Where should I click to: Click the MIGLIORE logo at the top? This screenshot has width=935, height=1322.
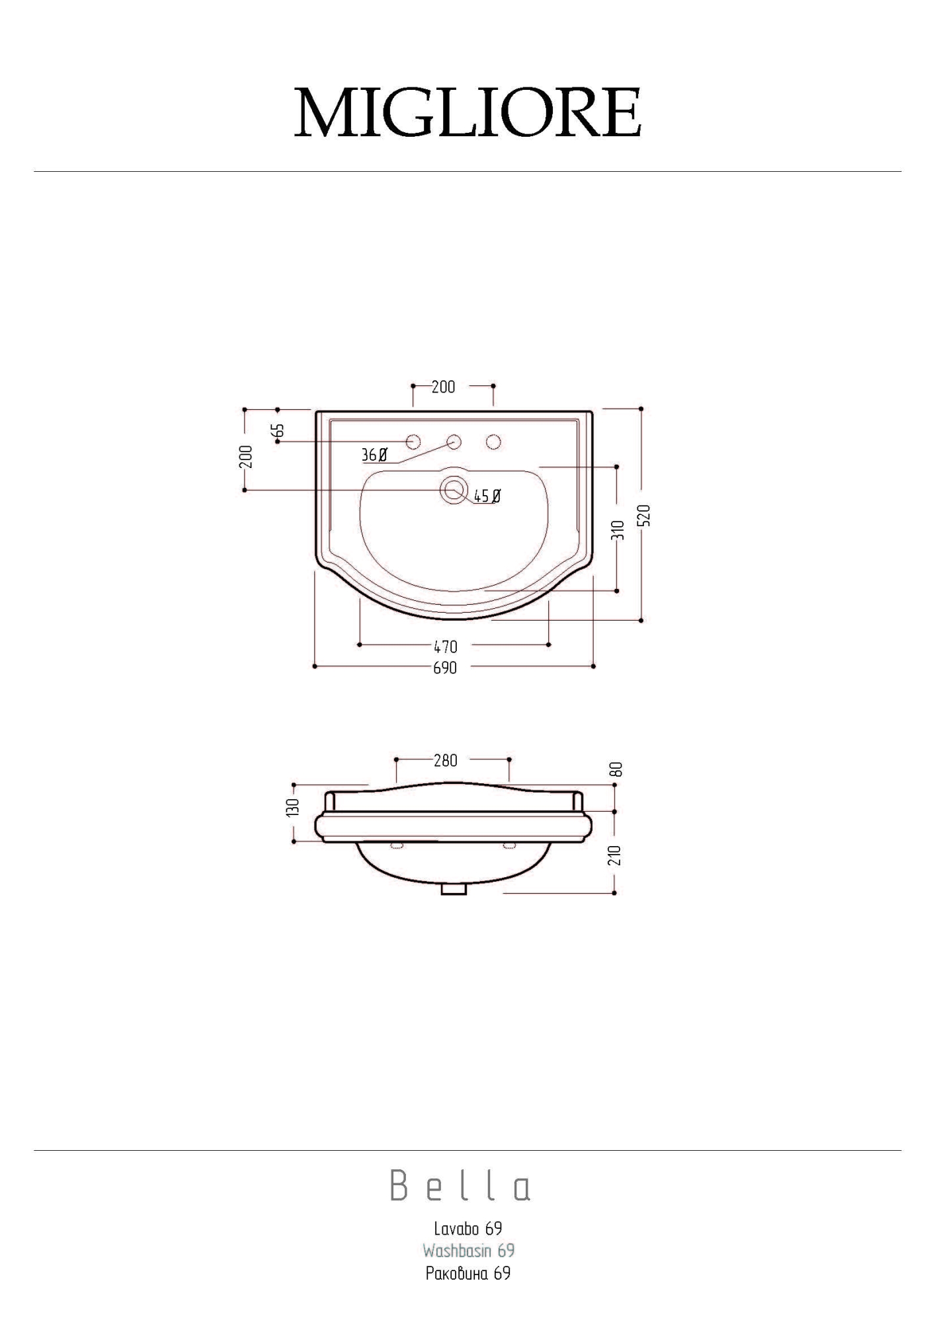[467, 112]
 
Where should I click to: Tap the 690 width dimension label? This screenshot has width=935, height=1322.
[445, 668]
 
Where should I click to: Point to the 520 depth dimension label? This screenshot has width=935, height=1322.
[646, 515]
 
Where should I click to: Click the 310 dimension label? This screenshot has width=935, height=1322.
[618, 530]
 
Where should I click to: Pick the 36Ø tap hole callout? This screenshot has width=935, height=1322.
[374, 455]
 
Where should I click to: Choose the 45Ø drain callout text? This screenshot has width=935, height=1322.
[487, 496]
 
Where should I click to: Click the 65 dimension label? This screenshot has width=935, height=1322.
[278, 430]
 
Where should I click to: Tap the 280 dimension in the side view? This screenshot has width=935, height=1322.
[446, 761]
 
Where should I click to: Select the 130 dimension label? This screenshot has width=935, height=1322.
[294, 807]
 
